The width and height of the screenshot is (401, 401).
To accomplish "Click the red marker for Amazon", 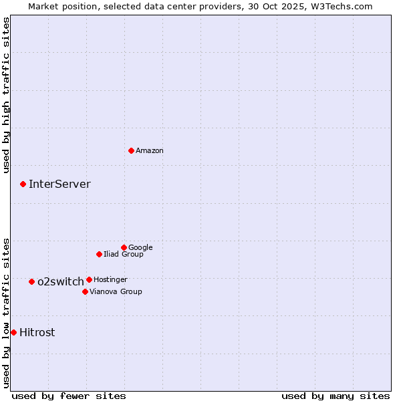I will click(x=131, y=150).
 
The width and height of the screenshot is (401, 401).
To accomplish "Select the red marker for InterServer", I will click(x=23, y=184).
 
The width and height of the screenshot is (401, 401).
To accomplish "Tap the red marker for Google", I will click(x=124, y=247).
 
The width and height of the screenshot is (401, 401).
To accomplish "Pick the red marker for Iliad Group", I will click(x=99, y=254).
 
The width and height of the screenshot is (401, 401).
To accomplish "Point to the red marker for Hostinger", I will click(x=89, y=279).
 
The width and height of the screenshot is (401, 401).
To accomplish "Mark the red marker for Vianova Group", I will click(x=85, y=291).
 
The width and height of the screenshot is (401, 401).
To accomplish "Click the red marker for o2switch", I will click(x=31, y=281).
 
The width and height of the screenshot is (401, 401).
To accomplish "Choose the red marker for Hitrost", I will click(x=13, y=332).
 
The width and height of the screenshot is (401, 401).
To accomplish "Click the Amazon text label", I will click(x=150, y=151).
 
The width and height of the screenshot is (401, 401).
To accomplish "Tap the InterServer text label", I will click(x=59, y=184).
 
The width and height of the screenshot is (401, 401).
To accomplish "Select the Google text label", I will click(x=140, y=248).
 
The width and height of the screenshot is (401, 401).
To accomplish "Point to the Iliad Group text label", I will click(x=124, y=255).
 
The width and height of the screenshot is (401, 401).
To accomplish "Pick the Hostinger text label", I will click(x=110, y=280).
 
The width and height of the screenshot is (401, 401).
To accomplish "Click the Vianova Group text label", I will click(x=116, y=292).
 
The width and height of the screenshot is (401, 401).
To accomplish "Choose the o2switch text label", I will click(x=61, y=282).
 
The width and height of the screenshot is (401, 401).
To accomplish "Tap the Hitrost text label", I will click(x=37, y=333).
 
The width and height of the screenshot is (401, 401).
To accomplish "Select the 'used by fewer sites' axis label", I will click(x=69, y=396).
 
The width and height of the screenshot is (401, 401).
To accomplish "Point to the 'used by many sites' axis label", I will click(x=336, y=396).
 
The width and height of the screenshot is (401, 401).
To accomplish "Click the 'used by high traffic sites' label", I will click(x=7, y=95).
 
